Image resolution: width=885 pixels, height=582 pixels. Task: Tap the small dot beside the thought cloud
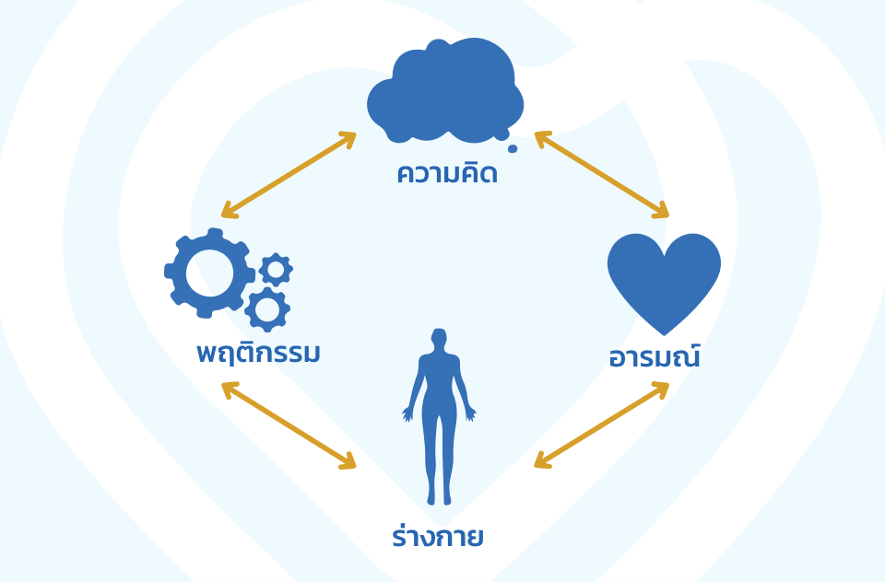pyautogui.click(x=513, y=147)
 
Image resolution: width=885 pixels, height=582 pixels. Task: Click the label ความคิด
pyautogui.click(x=447, y=173)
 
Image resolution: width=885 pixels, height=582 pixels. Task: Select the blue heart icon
pyautogui.click(x=664, y=279)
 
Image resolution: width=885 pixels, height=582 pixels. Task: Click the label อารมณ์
pyautogui.click(x=654, y=357)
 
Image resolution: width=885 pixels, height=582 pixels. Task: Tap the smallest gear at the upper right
pyautogui.click(x=276, y=269)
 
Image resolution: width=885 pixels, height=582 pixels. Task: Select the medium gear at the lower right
pyautogui.click(x=267, y=309)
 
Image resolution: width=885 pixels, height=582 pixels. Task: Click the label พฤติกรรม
pyautogui.click(x=258, y=353)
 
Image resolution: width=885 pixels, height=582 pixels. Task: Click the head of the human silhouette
pyautogui.click(x=440, y=339)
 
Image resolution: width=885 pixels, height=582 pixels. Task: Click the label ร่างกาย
pyautogui.click(x=438, y=537)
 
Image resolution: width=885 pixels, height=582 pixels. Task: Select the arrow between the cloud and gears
pyautogui.click(x=289, y=175)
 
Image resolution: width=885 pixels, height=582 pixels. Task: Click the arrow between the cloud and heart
pyautogui.click(x=601, y=175)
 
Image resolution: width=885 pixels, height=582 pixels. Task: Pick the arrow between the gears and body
pyautogui.click(x=289, y=426)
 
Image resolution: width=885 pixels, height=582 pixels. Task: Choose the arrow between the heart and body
pyautogui.click(x=601, y=425)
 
